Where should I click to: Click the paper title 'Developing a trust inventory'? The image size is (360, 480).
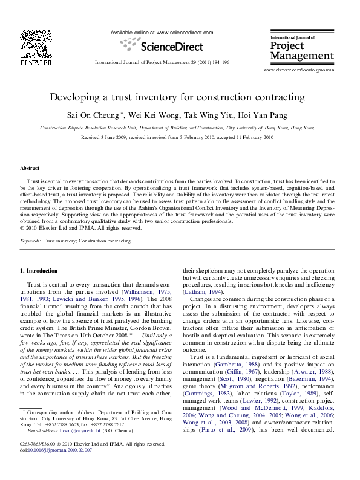coord(177,97)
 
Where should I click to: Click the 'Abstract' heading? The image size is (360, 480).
coord(30,168)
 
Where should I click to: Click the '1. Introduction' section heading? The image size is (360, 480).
coord(41,270)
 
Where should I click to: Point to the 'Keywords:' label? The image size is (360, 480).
coord(30,241)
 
